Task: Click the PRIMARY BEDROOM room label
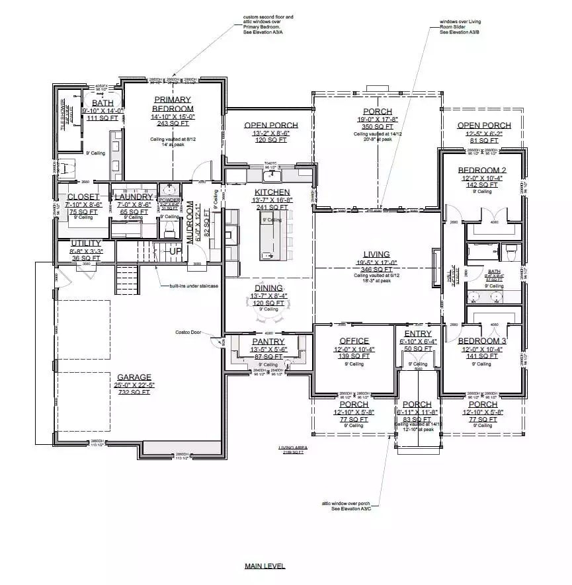coord(173,104)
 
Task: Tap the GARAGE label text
coord(134,377)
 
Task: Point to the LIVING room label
coord(376,254)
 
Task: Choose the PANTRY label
coord(268,341)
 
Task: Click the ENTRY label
coord(418,334)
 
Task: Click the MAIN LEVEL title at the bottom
coord(264,566)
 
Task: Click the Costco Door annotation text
coord(188,332)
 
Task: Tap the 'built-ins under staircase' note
coord(192,286)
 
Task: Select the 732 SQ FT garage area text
coord(134,392)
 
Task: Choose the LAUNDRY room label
coord(134,197)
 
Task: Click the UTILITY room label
coord(85,243)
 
